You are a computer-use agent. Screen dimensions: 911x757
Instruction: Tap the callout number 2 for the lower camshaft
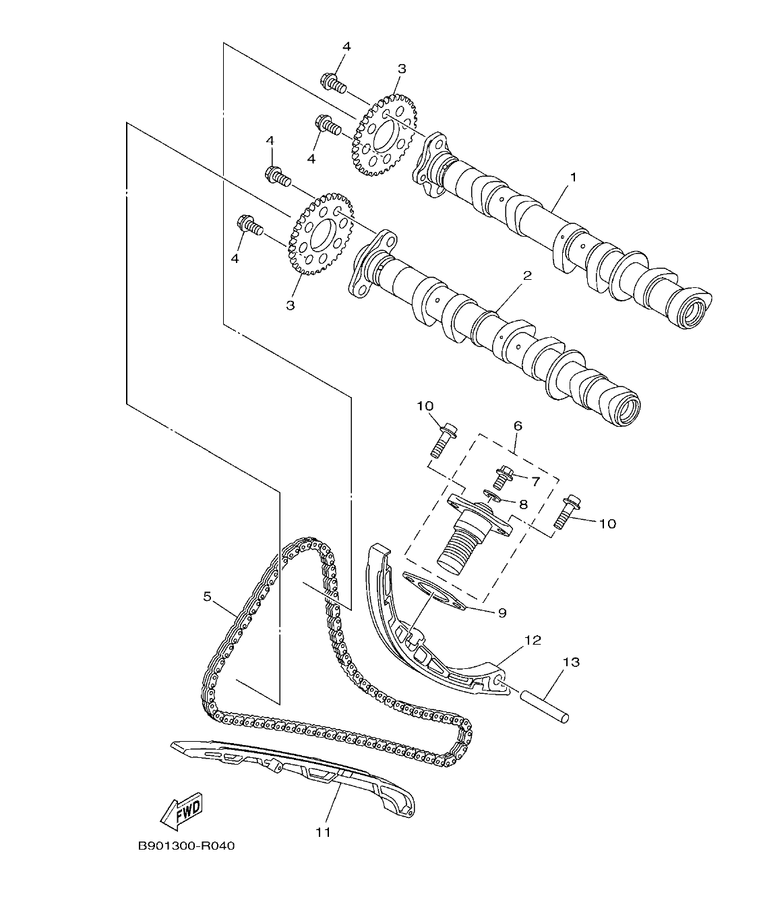coord(527,275)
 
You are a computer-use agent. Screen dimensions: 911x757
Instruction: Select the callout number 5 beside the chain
coord(208,596)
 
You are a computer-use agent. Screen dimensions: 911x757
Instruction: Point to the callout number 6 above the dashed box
coord(518,426)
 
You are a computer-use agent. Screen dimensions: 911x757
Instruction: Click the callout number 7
coord(536,481)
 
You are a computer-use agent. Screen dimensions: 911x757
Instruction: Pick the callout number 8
coord(522,504)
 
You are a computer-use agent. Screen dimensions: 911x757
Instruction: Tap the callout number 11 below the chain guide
coord(324,832)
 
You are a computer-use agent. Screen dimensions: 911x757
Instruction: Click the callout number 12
coord(533,640)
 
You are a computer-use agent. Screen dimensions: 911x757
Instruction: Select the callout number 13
coord(571,662)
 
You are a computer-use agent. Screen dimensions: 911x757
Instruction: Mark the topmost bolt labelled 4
coord(333,83)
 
